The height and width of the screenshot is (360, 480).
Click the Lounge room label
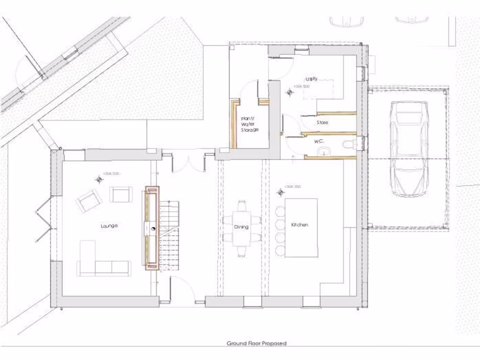pos(109,226)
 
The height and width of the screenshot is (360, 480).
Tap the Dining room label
pos(241,227)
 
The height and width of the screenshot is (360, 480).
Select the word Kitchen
pos(300,225)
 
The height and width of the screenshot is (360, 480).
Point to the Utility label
pos(311,79)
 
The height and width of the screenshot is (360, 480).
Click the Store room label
pos(322,123)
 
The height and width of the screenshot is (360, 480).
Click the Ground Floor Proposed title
pos(256,343)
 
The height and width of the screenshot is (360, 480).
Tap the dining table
pos(242,229)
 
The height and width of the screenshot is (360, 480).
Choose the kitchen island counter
pos(301,227)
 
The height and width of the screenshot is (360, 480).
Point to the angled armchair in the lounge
pos(89,201)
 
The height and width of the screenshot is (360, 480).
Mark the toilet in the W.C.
pos(349,144)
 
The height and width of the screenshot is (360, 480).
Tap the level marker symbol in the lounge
pos(99,179)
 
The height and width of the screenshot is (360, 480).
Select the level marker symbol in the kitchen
pos(280,192)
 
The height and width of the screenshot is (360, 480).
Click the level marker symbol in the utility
pos(290,92)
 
